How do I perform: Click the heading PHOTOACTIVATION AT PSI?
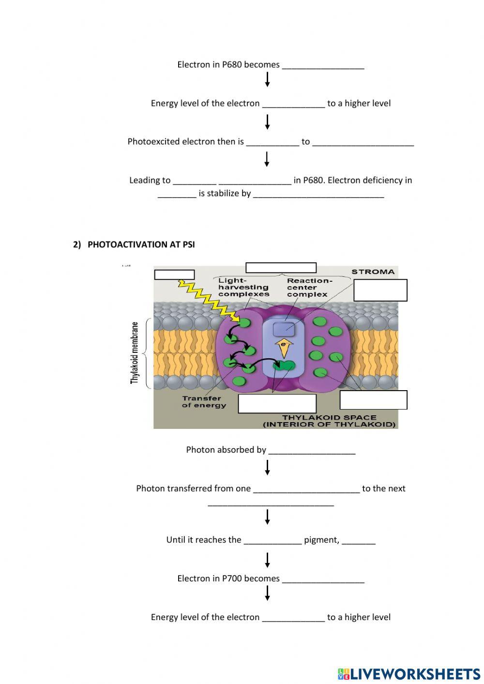click(x=134, y=244)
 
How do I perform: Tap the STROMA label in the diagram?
click(x=373, y=272)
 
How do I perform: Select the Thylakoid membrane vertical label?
click(x=135, y=353)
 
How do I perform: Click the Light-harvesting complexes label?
click(x=243, y=288)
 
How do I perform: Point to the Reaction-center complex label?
click(x=310, y=288)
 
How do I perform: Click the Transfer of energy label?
click(x=204, y=402)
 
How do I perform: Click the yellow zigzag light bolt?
click(x=208, y=300)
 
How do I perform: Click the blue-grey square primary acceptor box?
click(x=284, y=329)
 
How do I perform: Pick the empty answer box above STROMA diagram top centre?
click(x=281, y=268)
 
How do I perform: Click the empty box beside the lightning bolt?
click(x=174, y=274)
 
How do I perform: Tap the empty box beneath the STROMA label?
click(x=380, y=290)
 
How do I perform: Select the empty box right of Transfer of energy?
click(x=277, y=403)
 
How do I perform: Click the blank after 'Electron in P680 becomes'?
click(x=323, y=65)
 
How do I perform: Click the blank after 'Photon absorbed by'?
click(x=312, y=451)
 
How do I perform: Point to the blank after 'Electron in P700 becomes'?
click(x=323, y=579)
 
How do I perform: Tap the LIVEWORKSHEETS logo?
click(x=409, y=674)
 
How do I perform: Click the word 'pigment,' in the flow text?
click(x=321, y=540)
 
